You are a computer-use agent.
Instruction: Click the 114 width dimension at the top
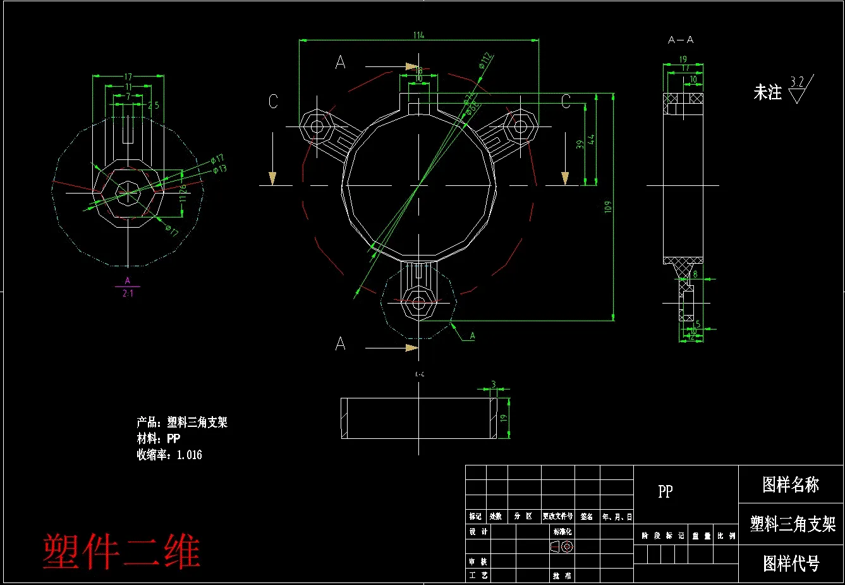418,35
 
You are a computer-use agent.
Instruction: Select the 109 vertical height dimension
608,207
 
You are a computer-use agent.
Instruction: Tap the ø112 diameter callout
485,61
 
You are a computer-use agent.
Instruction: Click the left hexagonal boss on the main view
315,126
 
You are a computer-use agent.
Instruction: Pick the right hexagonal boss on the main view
520,126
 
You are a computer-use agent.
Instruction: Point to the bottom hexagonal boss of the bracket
418,303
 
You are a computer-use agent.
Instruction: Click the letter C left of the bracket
273,102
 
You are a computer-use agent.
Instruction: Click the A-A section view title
681,40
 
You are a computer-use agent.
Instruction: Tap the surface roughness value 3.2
797,82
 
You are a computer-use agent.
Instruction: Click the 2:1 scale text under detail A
128,293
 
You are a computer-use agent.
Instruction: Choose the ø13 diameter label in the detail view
219,169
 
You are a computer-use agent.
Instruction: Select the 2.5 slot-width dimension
154,106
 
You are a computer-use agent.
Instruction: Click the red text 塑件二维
121,551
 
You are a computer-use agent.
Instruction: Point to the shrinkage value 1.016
190,455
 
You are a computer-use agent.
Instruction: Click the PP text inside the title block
665,491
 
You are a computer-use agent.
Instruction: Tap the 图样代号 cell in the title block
791,563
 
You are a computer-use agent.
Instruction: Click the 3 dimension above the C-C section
494,385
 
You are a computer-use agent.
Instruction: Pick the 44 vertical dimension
592,139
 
